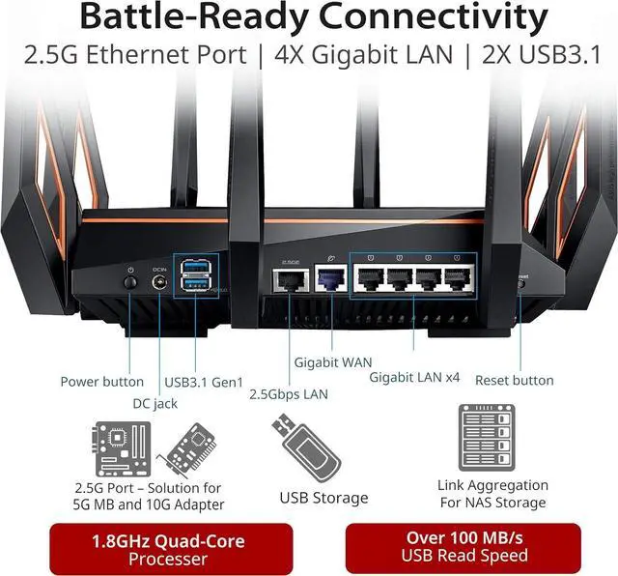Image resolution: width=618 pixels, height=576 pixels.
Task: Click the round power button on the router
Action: pyautogui.click(x=130, y=282)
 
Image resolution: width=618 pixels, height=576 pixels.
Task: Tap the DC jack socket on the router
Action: pyautogui.click(x=160, y=283)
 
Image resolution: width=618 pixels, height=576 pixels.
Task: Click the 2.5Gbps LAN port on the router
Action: pyautogui.click(x=290, y=279)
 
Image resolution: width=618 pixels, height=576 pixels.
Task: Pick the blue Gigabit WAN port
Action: pyautogui.click(x=331, y=279)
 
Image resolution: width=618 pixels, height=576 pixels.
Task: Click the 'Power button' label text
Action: pyautogui.click(x=101, y=381)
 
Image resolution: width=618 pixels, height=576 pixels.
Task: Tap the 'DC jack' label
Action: pyautogui.click(x=154, y=403)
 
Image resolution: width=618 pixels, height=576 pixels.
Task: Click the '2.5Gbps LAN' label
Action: pyautogui.click(x=289, y=394)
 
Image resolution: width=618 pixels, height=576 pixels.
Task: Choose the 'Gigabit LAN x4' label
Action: pyautogui.click(x=414, y=376)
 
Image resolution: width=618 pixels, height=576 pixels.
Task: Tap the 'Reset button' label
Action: pyautogui.click(x=514, y=381)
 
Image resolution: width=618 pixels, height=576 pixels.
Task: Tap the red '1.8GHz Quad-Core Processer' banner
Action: pyautogui.click(x=169, y=550)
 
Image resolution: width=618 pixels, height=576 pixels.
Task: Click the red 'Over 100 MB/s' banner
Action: pyautogui.click(x=464, y=546)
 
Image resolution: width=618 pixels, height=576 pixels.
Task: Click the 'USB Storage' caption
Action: pyautogui.click(x=323, y=498)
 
